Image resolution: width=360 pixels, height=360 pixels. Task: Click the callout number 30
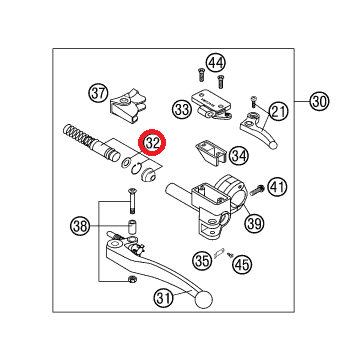(319, 101)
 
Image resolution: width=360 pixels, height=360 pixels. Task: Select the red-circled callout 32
(152, 142)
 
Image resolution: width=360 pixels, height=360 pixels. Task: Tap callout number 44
(216, 63)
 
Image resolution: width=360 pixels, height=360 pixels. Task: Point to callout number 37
(99, 93)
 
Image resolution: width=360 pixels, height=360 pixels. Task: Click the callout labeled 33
(182, 109)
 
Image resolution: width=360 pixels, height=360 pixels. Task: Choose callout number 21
(278, 112)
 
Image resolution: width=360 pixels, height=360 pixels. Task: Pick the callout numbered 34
(240, 155)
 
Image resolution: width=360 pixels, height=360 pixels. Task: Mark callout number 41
(277, 187)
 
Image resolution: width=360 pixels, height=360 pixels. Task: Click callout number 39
(255, 222)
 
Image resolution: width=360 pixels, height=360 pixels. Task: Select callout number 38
(80, 227)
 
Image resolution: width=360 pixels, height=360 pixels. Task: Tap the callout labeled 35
(202, 260)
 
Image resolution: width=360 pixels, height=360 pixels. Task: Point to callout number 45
(242, 264)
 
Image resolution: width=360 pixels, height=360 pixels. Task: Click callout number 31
(164, 298)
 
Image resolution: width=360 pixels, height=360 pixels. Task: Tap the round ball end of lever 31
(204, 299)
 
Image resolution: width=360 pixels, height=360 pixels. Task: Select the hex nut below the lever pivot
(131, 279)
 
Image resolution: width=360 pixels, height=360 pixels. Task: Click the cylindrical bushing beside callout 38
(132, 226)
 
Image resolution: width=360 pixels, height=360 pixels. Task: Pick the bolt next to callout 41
(257, 190)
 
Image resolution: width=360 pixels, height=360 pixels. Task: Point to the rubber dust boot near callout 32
(148, 174)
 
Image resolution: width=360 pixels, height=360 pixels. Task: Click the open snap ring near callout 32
(136, 169)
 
